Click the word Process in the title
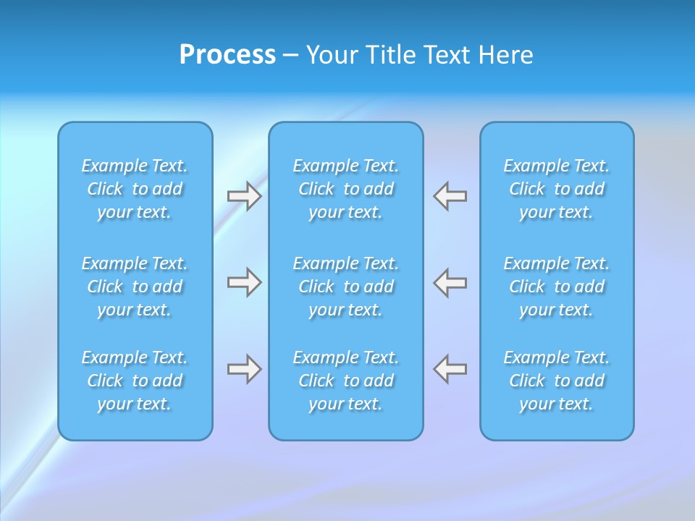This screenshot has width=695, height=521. (227, 55)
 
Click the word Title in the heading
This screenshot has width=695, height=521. (389, 55)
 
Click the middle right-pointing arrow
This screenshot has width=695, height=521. (244, 282)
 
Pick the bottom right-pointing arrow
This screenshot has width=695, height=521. (244, 369)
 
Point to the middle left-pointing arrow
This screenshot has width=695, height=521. (450, 282)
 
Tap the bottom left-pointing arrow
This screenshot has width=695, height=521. (450, 369)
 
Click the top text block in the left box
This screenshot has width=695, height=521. (135, 189)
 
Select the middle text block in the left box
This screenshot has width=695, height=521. (135, 287)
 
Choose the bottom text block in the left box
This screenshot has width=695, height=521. (135, 381)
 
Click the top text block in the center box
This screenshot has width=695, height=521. (346, 189)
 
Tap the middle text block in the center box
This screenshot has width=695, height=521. (346, 287)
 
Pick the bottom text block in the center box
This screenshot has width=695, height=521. (346, 381)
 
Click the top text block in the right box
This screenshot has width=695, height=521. (557, 189)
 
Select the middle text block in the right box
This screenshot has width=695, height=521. (557, 287)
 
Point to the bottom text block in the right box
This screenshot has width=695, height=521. (557, 381)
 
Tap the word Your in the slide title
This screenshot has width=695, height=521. (332, 55)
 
